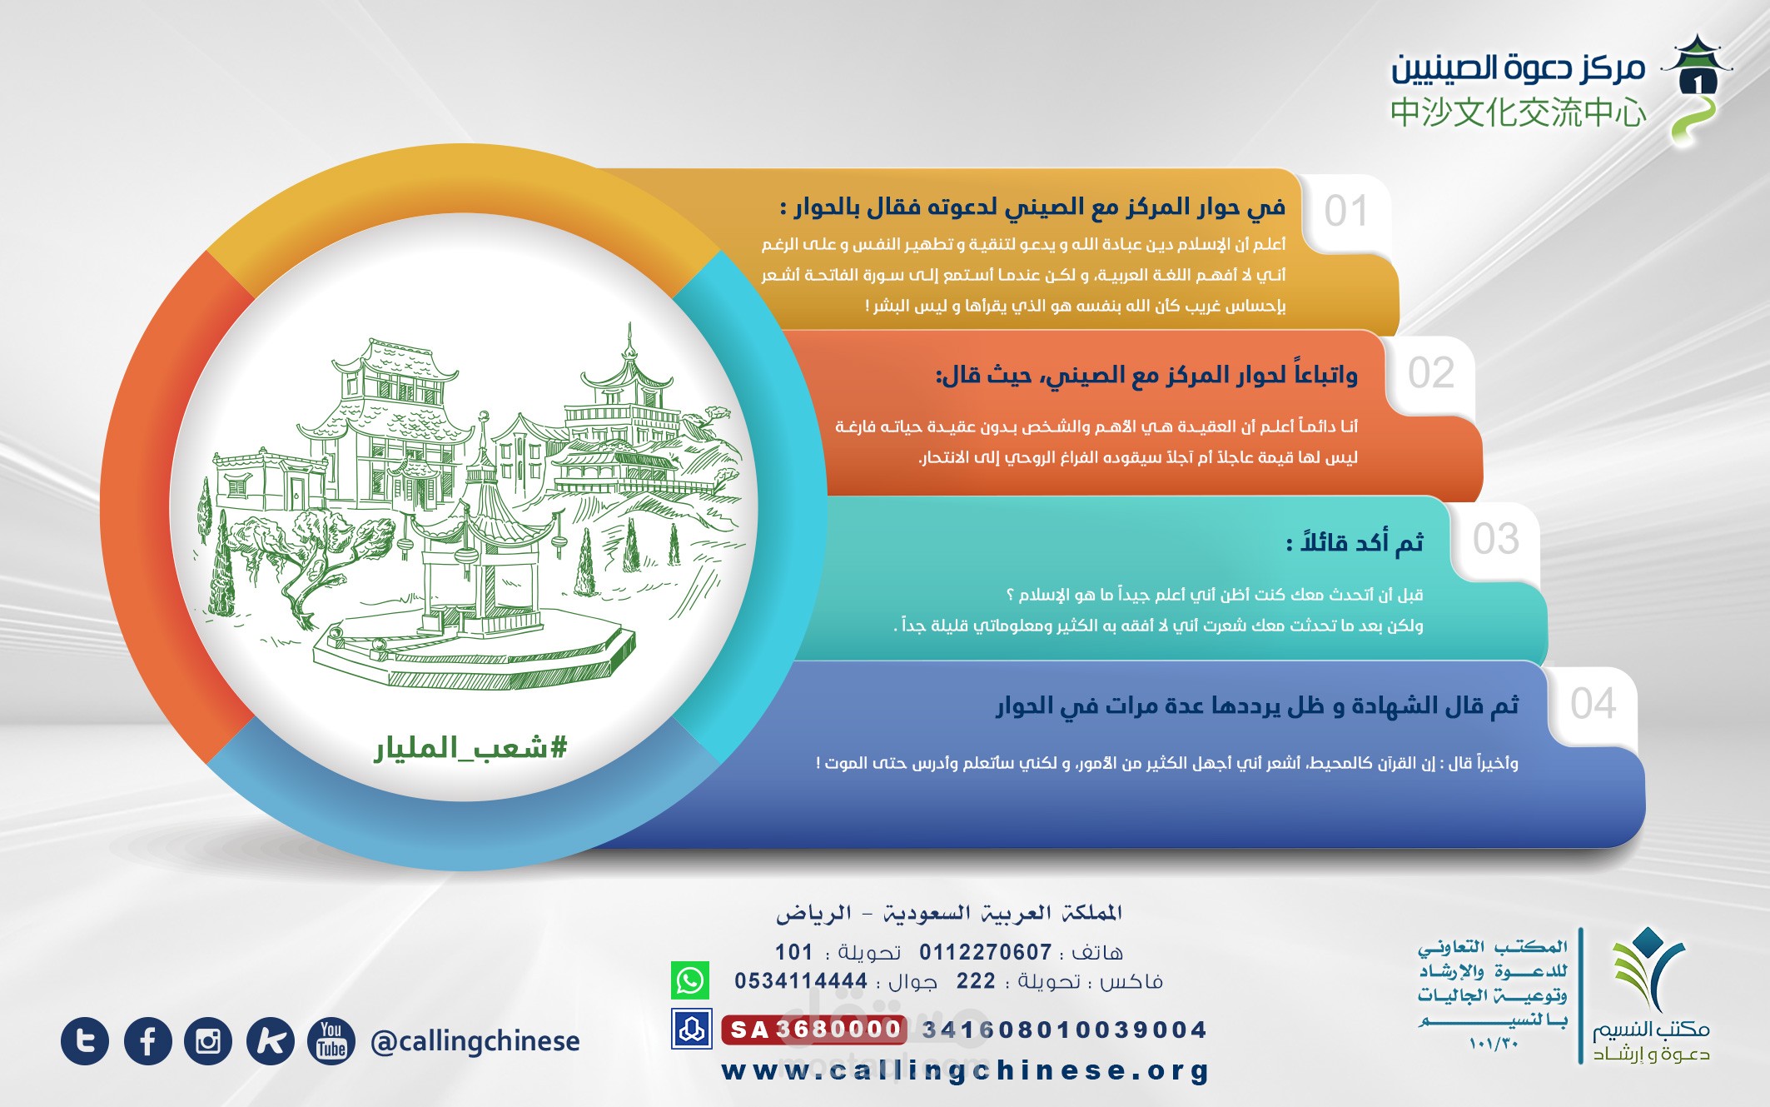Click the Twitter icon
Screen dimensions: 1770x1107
pyautogui.click(x=85, y=1041)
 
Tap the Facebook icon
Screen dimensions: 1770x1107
pyautogui.click(x=147, y=1041)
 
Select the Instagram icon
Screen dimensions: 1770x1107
pyautogui.click(x=208, y=1041)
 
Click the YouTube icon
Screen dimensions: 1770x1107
pyautogui.click(x=331, y=1041)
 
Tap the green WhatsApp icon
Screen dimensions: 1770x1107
pyautogui.click(x=690, y=980)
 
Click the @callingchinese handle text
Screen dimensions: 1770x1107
pyautogui.click(x=475, y=1041)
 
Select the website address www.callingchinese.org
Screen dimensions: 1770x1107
pyautogui.click(x=965, y=1070)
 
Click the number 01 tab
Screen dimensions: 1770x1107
pyautogui.click(x=1346, y=212)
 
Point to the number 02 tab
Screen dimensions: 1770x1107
pyautogui.click(x=1430, y=372)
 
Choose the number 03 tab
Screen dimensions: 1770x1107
pyautogui.click(x=1495, y=539)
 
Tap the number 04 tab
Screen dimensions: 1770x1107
pyautogui.click(x=1593, y=704)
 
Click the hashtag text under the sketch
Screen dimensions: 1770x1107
pyautogui.click(x=470, y=747)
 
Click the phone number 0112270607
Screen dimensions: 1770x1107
pyautogui.click(x=986, y=952)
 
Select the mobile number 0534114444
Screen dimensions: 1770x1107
pyautogui.click(x=801, y=981)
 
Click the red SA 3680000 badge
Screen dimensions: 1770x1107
pyautogui.click(x=813, y=1030)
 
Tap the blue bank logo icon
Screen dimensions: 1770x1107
pyautogui.click(x=691, y=1030)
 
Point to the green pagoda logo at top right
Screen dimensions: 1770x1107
pyautogui.click(x=1695, y=90)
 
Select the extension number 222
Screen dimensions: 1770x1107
pyautogui.click(x=976, y=981)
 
